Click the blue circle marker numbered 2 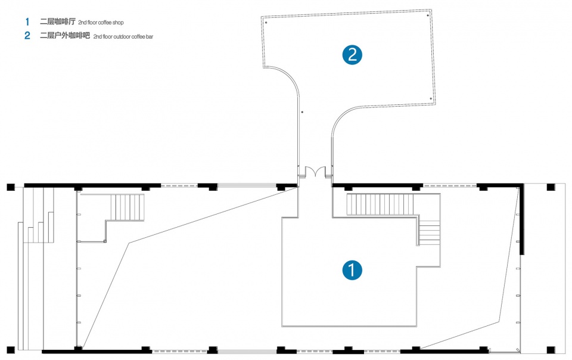(352, 55)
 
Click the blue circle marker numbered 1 (352, 270)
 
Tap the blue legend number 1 (27, 22)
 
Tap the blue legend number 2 (27, 35)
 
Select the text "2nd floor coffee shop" (101, 23)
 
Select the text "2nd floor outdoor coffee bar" (123, 36)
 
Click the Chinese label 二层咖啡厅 (58, 21)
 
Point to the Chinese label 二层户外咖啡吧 (65, 35)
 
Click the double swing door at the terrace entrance (315, 172)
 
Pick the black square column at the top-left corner (11, 187)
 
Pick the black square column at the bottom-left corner (11, 349)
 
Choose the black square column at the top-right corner (551, 187)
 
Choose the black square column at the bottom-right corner (551, 350)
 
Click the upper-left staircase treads (130, 207)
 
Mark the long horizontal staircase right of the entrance (380, 204)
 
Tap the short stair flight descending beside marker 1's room (430, 232)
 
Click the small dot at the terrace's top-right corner (428, 15)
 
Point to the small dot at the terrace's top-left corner (266, 22)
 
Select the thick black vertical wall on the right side (522, 219)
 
